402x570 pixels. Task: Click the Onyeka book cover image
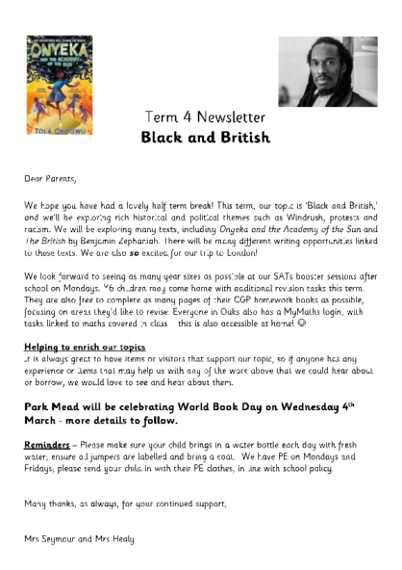tap(59, 85)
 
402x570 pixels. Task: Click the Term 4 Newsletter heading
tap(204, 117)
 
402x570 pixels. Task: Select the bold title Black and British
tap(205, 138)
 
